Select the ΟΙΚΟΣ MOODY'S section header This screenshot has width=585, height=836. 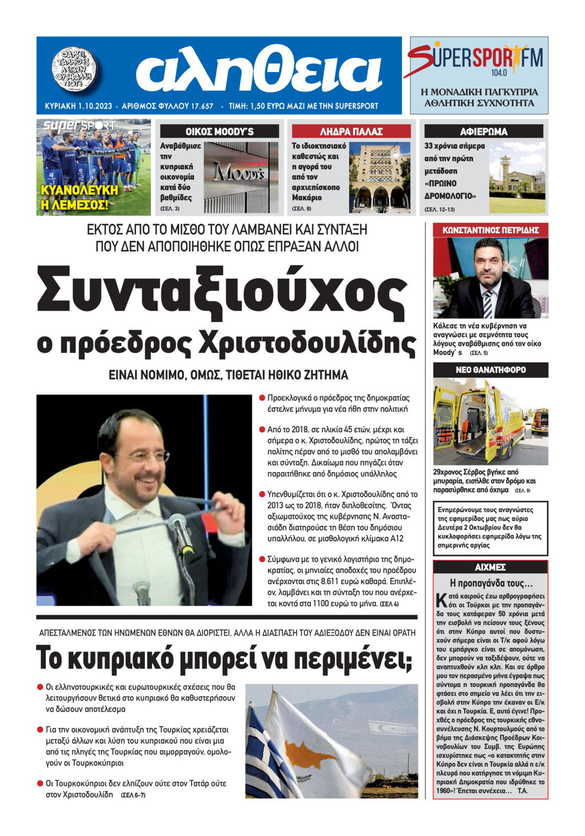219,132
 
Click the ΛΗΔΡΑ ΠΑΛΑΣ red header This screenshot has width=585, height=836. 351,132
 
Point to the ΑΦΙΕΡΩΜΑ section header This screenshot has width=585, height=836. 484,132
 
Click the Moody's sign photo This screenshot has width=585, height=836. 241,177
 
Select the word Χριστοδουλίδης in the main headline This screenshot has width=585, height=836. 307,344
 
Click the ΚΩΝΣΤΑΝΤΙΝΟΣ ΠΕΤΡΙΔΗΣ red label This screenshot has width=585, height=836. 490,230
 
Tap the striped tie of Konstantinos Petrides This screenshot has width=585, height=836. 488,304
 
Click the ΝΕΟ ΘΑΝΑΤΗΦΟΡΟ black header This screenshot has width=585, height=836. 490,370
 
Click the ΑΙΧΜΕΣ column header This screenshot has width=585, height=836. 490,567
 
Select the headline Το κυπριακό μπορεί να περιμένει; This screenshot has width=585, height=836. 224,657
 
